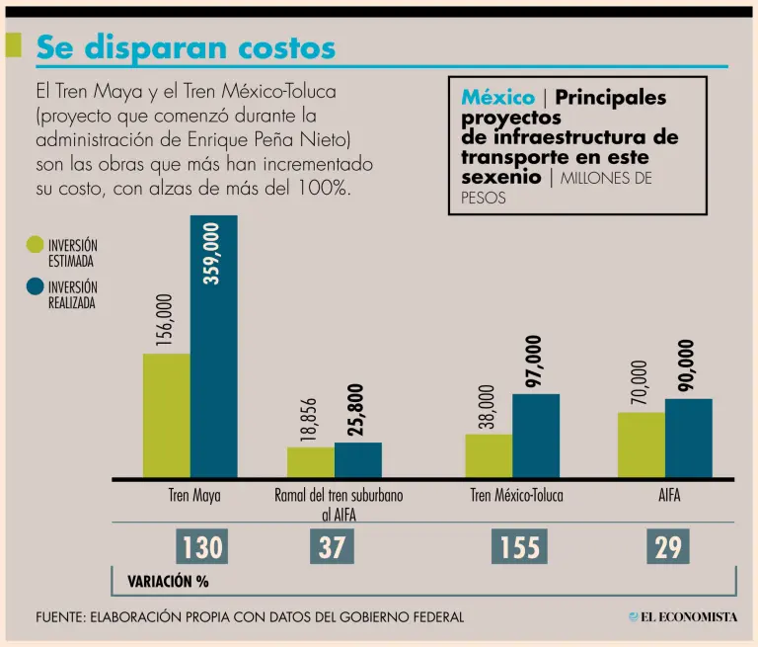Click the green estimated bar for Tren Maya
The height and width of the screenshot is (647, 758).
pos(166,415)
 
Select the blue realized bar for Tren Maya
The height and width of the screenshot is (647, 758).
pos(213,346)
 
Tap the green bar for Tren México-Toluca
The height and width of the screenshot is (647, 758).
pos(489,455)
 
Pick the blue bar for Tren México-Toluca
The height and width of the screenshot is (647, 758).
pos(536,436)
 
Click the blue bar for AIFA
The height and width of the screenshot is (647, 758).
pos(688,438)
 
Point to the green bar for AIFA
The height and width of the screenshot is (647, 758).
pos(642,445)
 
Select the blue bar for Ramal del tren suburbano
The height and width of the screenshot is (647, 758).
pos(358,459)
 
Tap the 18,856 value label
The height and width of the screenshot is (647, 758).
pos(310,421)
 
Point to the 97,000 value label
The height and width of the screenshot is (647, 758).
pos(534,362)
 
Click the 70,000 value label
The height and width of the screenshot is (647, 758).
pos(640,382)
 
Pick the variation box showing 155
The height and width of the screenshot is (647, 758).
pos(519,547)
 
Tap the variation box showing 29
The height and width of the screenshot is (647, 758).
pos(668,547)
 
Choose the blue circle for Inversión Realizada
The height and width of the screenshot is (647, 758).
pos(36,287)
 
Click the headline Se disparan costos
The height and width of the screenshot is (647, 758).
pos(186,46)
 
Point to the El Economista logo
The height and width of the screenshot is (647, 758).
pos(683,617)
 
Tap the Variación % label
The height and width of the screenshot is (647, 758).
pos(168,582)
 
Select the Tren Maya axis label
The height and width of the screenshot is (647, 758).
pos(194,496)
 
